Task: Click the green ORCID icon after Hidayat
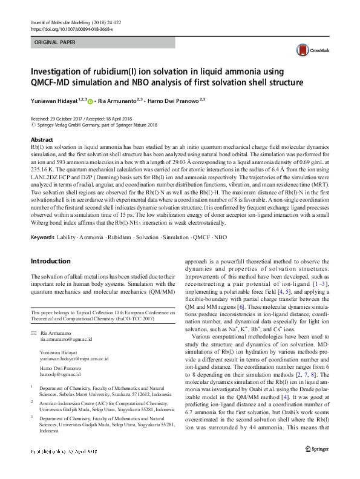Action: [x=99, y=99]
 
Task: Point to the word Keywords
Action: [x=44, y=236]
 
